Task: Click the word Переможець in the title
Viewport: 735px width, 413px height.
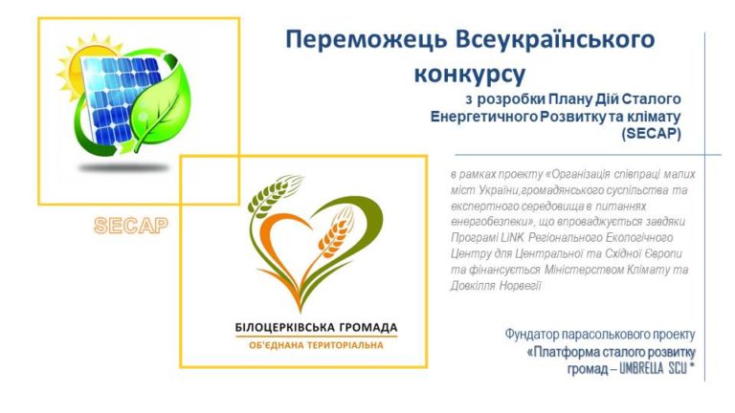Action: pyautogui.click(x=367, y=40)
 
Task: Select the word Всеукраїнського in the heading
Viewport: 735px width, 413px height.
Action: pyautogui.click(x=555, y=40)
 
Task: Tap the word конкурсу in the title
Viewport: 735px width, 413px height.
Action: pyautogui.click(x=470, y=74)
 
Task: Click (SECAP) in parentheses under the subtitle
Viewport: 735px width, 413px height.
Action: pyautogui.click(x=651, y=134)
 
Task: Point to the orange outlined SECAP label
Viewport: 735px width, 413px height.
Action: pyautogui.click(x=131, y=226)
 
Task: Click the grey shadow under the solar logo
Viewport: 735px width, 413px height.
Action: pyautogui.click(x=124, y=167)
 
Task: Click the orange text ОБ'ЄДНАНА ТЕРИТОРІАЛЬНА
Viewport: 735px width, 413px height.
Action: pyautogui.click(x=317, y=345)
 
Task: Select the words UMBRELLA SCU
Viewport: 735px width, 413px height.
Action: pyautogui.click(x=653, y=369)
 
